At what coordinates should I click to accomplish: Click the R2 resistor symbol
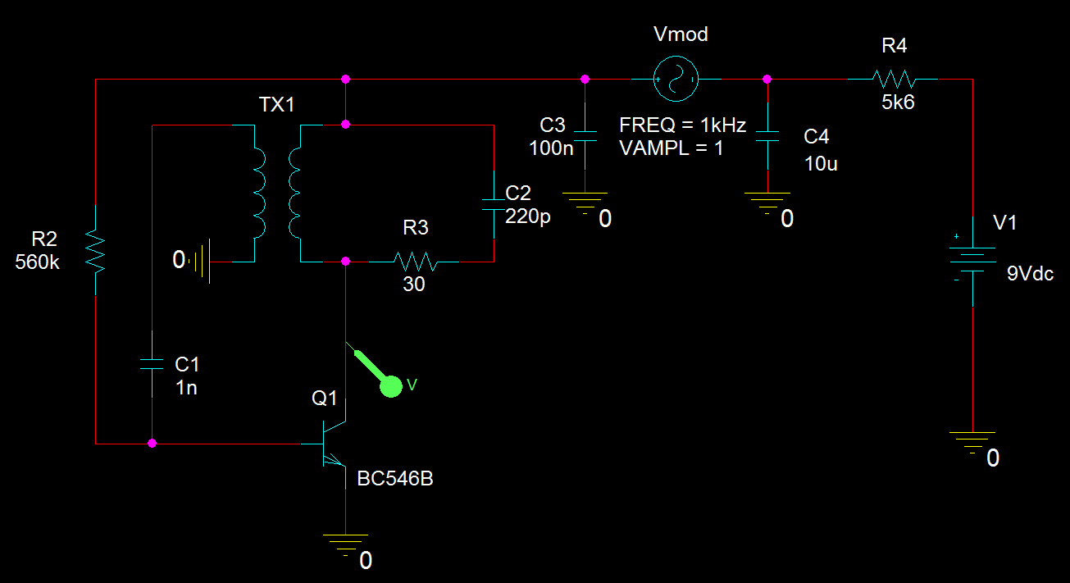pyautogui.click(x=96, y=251)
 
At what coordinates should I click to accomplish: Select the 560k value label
pyautogui.click(x=37, y=262)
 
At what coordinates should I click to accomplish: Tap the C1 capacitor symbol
pyautogui.click(x=153, y=364)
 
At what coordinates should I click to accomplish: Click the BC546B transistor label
pyautogui.click(x=394, y=479)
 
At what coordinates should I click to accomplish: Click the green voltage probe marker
pyautogui.click(x=391, y=385)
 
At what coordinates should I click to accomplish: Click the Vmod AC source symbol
pyautogui.click(x=676, y=80)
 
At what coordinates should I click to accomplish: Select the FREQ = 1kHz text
pyautogui.click(x=682, y=126)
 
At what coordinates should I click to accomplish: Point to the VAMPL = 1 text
pyautogui.click(x=672, y=148)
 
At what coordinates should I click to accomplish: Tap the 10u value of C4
pyautogui.click(x=821, y=163)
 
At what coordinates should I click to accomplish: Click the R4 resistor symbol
pyautogui.click(x=893, y=80)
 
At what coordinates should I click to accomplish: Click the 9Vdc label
pyautogui.click(x=1031, y=274)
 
